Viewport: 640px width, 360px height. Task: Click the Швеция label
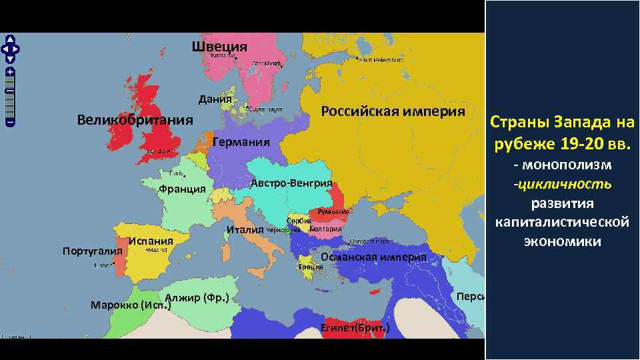point(219,47)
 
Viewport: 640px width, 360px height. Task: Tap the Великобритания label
point(135,121)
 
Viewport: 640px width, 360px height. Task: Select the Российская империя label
point(393,111)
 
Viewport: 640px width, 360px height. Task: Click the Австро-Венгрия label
point(291,183)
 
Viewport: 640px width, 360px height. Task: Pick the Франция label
point(182,189)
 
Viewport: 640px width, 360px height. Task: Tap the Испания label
point(151,241)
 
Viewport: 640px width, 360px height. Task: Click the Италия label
point(245,231)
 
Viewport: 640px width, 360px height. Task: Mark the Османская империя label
point(373,257)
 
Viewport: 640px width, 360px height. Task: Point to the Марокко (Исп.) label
point(131,305)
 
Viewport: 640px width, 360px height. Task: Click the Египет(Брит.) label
point(355,328)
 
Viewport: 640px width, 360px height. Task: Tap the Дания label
point(215,100)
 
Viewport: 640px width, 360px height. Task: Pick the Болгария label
point(326,229)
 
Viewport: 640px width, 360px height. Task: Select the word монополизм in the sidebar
point(567,165)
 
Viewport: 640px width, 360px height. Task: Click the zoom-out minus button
point(11,122)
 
